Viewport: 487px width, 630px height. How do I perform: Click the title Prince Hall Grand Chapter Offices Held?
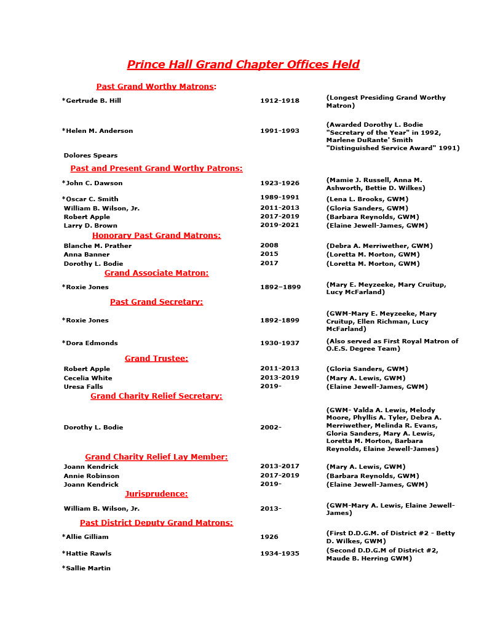point(243,65)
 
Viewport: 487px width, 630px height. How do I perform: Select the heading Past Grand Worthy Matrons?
point(156,87)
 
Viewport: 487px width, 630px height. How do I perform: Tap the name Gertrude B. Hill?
point(93,101)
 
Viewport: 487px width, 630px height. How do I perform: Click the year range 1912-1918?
point(280,101)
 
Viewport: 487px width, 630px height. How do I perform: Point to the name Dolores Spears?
point(90,156)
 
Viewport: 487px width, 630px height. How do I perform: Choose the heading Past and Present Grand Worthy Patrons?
point(156,169)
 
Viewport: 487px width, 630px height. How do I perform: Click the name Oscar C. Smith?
point(92,199)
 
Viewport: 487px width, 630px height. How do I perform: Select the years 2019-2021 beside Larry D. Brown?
point(280,226)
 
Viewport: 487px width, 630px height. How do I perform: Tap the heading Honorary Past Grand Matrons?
point(156,236)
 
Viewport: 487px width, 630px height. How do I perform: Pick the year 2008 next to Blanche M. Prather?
point(269,246)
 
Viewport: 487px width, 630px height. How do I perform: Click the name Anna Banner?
point(87,255)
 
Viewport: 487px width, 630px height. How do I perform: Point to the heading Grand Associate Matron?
point(156,273)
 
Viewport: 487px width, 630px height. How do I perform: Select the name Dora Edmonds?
point(92,343)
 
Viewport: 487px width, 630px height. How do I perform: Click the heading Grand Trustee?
point(156,359)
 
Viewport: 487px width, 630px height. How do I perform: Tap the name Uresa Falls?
point(84,387)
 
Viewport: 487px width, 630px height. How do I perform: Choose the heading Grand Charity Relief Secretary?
point(156,396)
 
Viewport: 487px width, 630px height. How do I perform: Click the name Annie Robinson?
point(92,476)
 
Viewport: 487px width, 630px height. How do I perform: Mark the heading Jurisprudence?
point(156,494)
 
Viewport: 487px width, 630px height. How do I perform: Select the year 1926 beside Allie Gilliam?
point(269,537)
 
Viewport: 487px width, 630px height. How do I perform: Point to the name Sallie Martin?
point(88,568)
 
